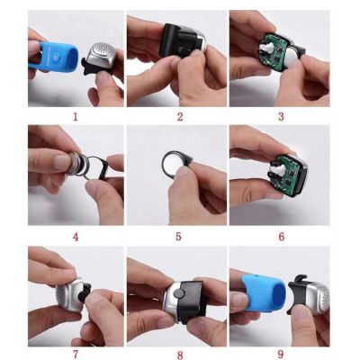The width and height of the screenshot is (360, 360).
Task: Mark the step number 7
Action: [75, 354]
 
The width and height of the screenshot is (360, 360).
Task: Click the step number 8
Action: [178, 354]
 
